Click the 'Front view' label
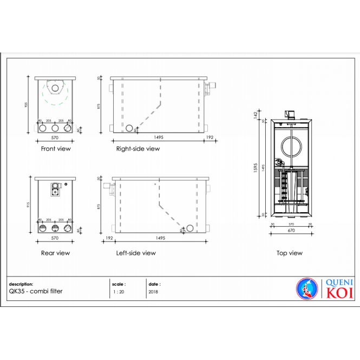click(56, 148)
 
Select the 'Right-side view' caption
click(138, 148)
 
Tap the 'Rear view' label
click(55, 253)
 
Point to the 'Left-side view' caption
click(136, 253)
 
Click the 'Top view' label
click(289, 253)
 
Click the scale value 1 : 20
click(118, 291)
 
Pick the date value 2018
click(153, 291)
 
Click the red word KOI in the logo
click(339, 293)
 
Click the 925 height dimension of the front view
click(26, 105)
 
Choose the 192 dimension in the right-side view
click(210, 138)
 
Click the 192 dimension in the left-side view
click(109, 238)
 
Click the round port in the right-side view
click(129, 128)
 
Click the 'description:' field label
click(21, 284)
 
